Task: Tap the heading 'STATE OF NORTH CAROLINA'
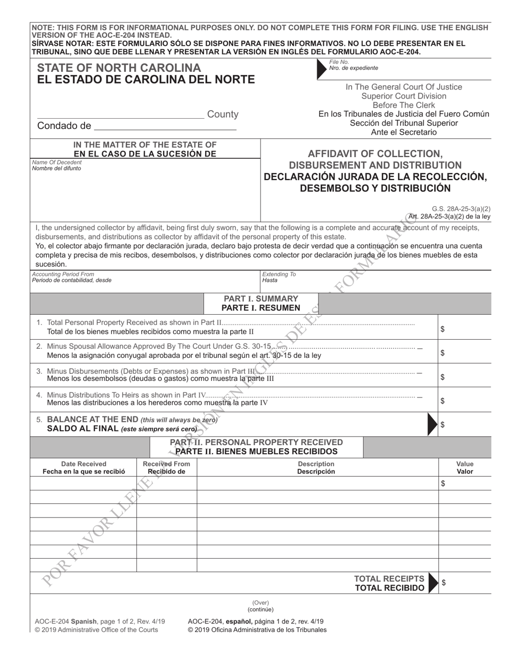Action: point(119,68)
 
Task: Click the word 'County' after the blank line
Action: point(223,114)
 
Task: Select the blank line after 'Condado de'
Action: point(165,127)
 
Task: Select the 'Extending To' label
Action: point(279,274)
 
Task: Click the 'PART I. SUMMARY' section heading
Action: point(261,299)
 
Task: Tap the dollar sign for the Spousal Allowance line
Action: point(443,353)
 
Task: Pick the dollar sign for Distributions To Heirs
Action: point(443,401)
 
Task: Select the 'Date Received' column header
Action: point(84,464)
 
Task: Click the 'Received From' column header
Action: point(167,464)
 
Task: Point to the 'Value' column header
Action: point(464,464)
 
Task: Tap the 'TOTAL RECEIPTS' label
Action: point(389,579)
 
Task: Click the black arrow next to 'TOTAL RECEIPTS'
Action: point(434,583)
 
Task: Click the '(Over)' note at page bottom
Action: point(260,602)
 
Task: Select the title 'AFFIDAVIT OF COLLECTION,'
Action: point(375,153)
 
